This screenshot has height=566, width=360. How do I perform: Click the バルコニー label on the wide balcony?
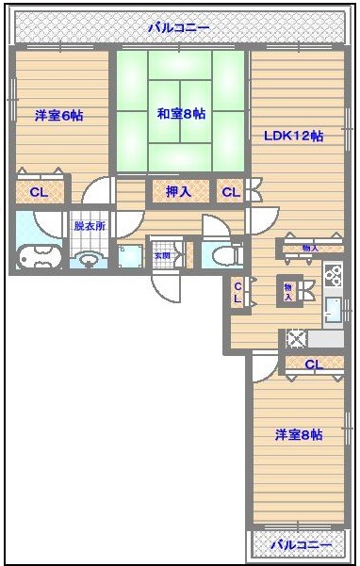[179, 27]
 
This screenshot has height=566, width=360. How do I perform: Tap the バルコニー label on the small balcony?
[301, 545]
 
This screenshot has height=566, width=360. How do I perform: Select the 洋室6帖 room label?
[58, 115]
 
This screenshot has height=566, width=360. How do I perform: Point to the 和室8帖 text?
[181, 114]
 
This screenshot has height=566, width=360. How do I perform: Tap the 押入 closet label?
[177, 192]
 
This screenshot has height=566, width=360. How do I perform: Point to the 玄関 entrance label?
[162, 255]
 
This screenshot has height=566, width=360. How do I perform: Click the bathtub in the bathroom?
[39, 255]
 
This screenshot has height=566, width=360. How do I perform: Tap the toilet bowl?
[222, 254]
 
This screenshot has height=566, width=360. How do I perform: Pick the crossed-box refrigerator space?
[296, 338]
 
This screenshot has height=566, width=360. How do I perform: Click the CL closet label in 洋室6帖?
[39, 192]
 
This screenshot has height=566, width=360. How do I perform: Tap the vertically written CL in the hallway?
[238, 291]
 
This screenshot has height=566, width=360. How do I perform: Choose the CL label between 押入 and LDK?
[230, 192]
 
